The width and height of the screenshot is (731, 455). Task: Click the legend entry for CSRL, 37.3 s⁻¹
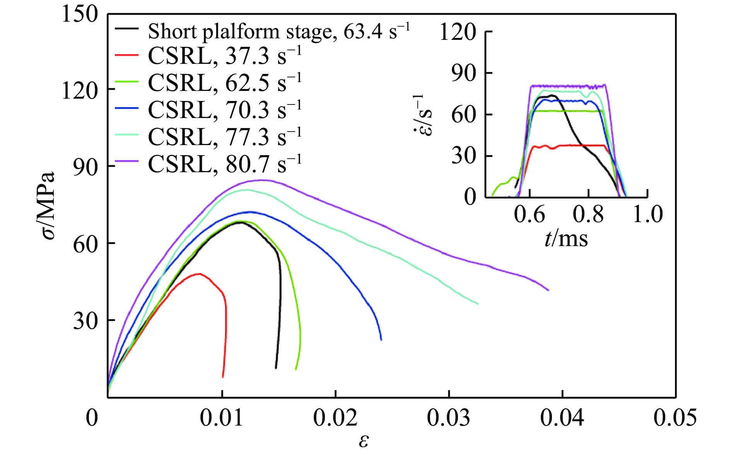coord(224,56)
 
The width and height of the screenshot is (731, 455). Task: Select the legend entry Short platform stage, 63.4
coord(278,31)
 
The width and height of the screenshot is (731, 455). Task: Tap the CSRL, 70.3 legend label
coord(224,110)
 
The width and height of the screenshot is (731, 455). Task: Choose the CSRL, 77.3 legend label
coord(224,137)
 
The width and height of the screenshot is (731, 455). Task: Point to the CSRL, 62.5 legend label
coord(224,83)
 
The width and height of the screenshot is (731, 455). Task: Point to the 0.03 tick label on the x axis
coord(449,418)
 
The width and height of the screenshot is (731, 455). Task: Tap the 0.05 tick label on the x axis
coord(675,418)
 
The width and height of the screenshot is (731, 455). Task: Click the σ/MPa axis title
coord(48,205)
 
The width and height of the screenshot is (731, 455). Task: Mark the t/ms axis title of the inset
coord(566,238)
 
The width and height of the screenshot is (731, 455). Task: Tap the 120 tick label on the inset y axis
coord(458,32)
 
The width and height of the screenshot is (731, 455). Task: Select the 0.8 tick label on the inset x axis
coord(588,214)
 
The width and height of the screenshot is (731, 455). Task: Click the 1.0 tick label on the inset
coord(647,214)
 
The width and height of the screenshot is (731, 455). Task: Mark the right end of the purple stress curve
coord(548,290)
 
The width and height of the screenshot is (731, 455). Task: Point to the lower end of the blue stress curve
coord(381,340)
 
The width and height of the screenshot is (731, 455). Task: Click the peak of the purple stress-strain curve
coord(262,180)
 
